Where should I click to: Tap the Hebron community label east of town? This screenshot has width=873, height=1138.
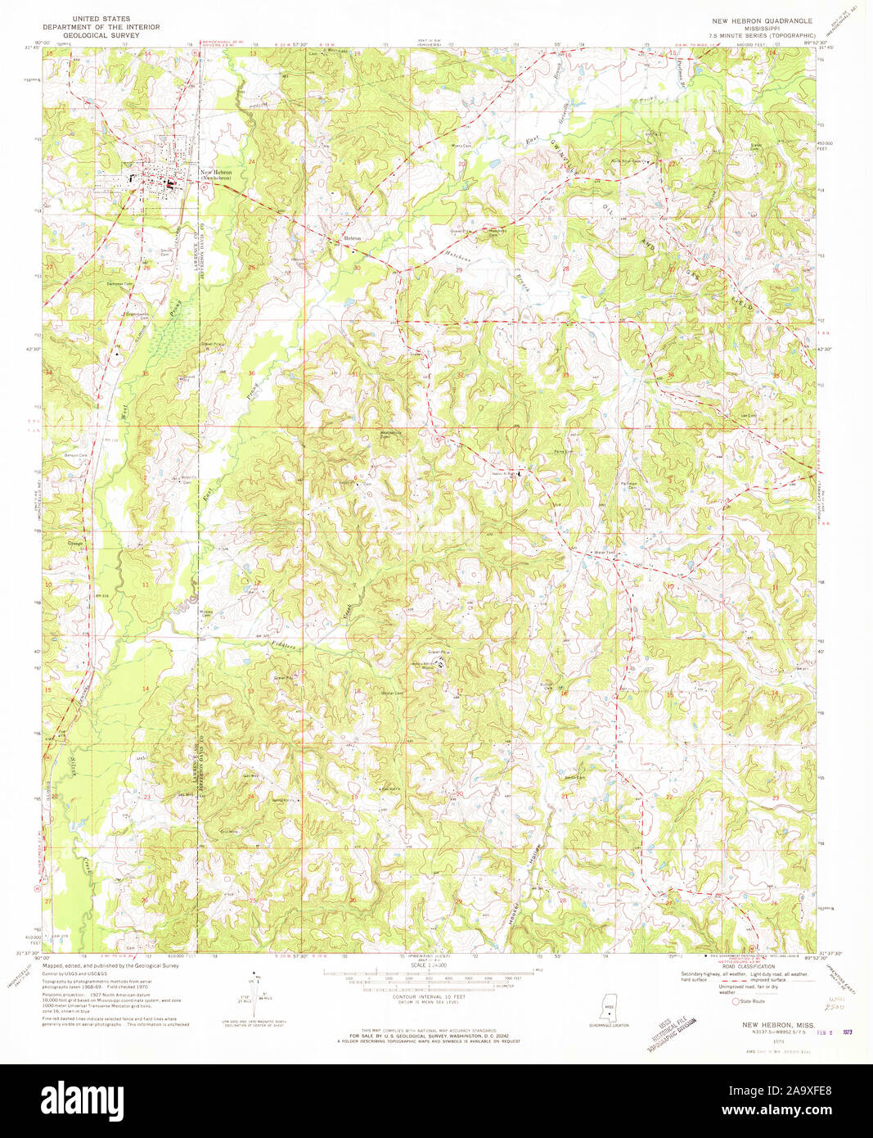tap(352, 237)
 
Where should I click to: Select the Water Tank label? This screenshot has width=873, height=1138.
tap(604, 553)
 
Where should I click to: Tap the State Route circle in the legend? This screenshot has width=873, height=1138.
tap(736, 1000)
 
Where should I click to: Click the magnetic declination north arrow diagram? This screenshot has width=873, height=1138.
tap(254, 994)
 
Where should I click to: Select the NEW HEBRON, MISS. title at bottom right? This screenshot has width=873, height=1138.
tap(773, 1025)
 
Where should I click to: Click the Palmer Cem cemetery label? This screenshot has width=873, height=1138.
tap(606, 485)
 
